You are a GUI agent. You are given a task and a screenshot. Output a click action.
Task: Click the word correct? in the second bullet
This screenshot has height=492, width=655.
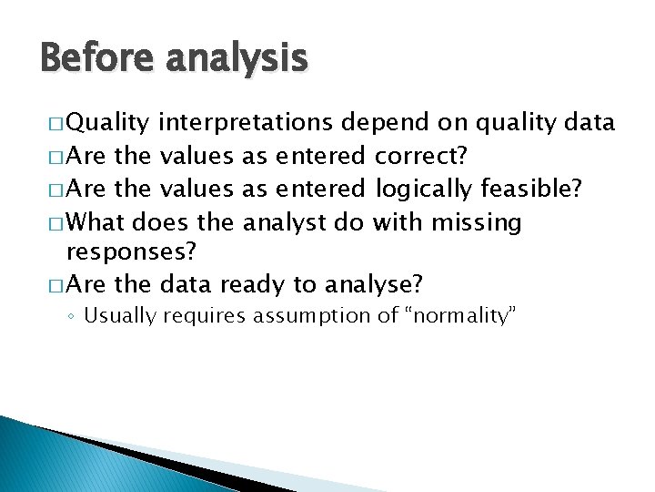pyautogui.click(x=422, y=157)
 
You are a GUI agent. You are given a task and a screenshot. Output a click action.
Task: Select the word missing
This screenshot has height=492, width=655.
pyautogui.click(x=477, y=222)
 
